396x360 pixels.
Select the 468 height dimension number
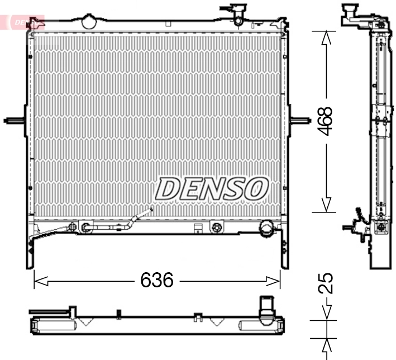pyautogui.click(x=326, y=121)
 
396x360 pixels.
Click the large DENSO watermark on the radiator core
pyautogui.click(x=211, y=189)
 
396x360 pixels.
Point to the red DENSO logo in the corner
pyautogui.click(x=22, y=22)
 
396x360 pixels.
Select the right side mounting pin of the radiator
pyautogui.click(x=300, y=121)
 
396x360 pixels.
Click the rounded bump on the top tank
pyautogui.click(x=89, y=21)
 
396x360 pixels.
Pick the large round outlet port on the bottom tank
pyautogui.click(x=267, y=228)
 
